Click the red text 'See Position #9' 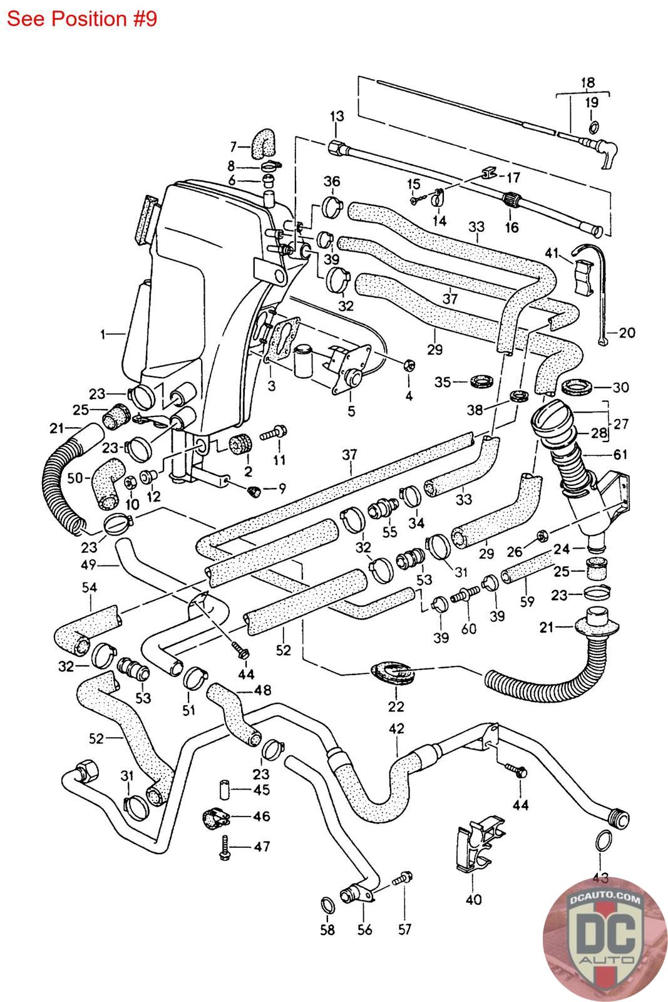[81, 19]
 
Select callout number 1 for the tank [103, 334]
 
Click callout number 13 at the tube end [337, 116]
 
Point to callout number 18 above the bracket [588, 82]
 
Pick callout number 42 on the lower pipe [396, 729]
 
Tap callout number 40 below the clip [473, 900]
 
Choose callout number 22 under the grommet [396, 706]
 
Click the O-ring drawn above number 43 [602, 840]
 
